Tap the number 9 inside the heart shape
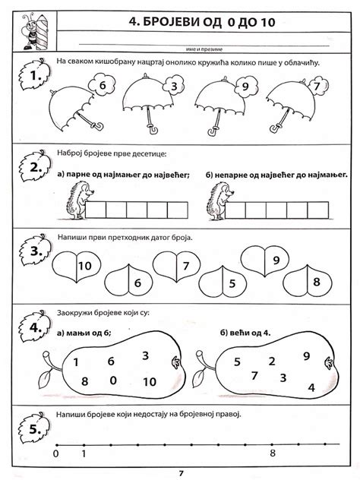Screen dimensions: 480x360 (x=276, y=261)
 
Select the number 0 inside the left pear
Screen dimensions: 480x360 (x=113, y=380)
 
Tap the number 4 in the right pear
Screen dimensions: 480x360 (x=311, y=387)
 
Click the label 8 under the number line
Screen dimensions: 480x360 (x=271, y=454)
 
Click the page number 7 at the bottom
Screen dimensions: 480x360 (x=181, y=473)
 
